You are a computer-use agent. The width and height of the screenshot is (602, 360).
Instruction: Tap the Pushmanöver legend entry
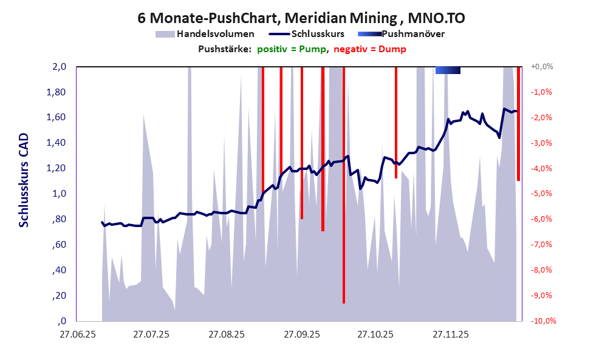[412, 34]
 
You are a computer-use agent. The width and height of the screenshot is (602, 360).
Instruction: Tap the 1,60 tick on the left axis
[57, 117]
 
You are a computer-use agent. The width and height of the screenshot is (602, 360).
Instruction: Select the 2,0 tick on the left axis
[59, 67]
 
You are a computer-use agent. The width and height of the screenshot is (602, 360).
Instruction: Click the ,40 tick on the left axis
[60, 270]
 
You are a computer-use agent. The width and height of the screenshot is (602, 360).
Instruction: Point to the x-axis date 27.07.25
[152, 334]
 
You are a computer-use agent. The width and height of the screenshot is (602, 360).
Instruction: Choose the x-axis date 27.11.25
[450, 334]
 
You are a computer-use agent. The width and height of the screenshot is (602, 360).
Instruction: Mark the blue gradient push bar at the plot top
[448, 70]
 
